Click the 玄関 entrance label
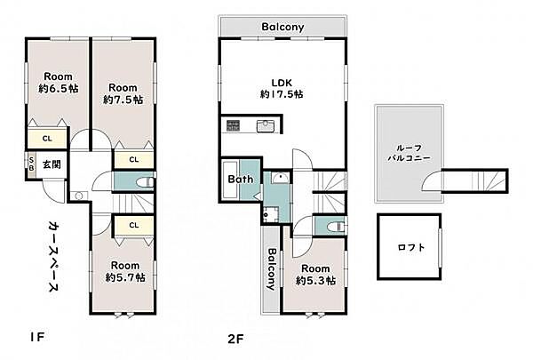tap(52, 164)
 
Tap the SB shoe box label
tap(31, 164)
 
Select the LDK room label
tap(282, 83)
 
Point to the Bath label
tap(241, 179)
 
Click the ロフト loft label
tap(411, 247)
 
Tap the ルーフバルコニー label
tap(410, 153)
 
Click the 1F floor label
tap(36, 337)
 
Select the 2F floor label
tap(235, 339)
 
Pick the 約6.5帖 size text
tap(59, 89)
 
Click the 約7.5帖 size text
tap(123, 100)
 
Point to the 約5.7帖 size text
tap(125, 277)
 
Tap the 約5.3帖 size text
tap(315, 280)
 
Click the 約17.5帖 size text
tap(282, 94)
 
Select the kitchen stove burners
tap(233, 125)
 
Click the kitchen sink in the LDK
tap(264, 125)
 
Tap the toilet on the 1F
tap(145, 182)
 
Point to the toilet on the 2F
tap(336, 226)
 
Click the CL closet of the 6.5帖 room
tap(47, 139)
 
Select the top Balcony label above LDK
tap(282, 27)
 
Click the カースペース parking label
tap(53, 256)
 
